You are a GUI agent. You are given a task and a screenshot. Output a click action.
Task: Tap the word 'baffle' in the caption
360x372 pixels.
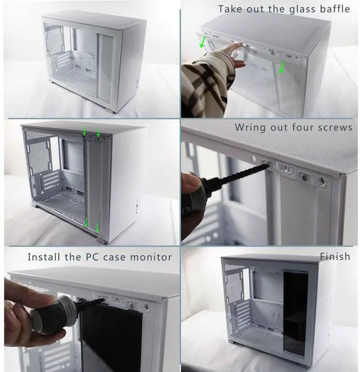tap(335, 9)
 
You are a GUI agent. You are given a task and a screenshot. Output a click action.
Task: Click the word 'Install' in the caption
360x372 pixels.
tap(44, 257)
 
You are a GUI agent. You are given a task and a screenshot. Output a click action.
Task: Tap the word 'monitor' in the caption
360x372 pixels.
tap(151, 257)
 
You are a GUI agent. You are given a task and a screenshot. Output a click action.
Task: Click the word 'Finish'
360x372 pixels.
tap(335, 256)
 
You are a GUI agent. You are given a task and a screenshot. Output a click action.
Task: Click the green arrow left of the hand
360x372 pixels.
tap(202, 42)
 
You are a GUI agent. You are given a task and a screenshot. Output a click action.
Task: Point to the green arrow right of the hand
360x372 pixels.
tap(281, 67)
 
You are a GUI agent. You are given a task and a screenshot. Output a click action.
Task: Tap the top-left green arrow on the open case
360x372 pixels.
tap(84, 131)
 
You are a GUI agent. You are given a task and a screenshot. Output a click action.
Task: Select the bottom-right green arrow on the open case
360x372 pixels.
tap(97, 228)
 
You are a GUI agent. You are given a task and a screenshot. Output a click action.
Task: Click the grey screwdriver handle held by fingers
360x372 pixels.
tap(55, 314)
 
